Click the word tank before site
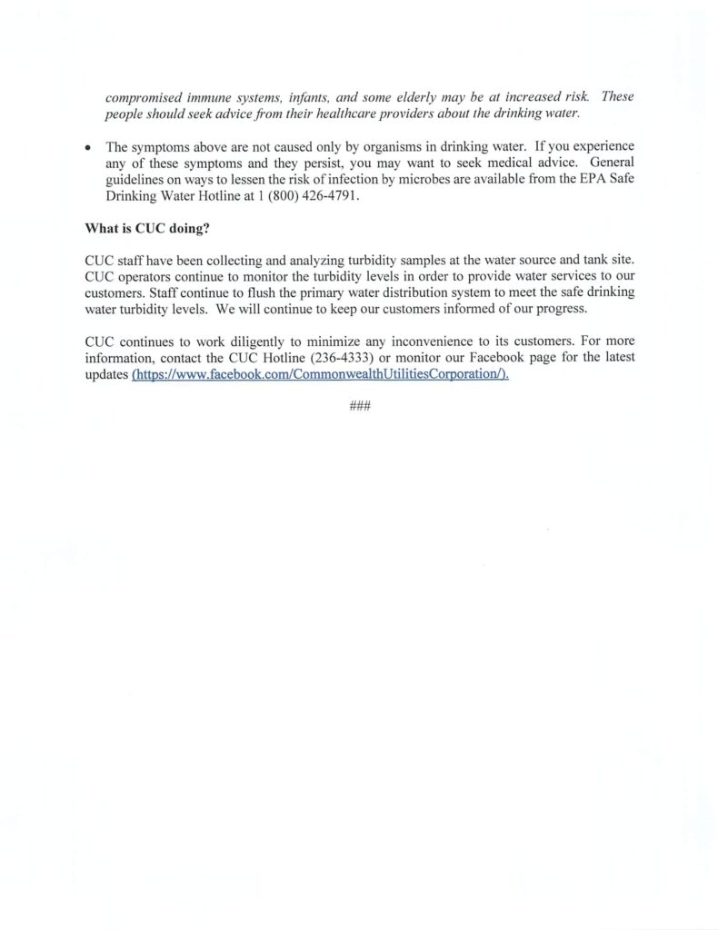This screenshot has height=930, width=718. coord(588,260)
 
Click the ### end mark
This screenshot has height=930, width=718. coord(359,407)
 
